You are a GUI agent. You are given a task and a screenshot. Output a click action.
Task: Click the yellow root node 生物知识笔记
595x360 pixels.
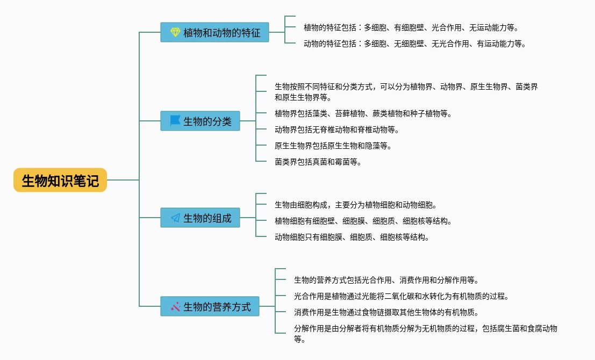(60, 180)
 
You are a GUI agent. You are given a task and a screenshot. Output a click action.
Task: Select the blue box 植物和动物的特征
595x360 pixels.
(214, 32)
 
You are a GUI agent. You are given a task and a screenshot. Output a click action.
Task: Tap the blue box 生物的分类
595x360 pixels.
(200, 121)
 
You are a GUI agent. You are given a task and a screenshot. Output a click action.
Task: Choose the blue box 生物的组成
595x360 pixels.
(200, 218)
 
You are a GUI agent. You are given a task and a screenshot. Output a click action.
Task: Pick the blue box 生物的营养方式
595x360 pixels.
(210, 306)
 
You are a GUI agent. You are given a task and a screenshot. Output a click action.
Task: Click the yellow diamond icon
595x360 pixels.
(175, 32)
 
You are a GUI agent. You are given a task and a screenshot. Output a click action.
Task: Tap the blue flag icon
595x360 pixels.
(175, 121)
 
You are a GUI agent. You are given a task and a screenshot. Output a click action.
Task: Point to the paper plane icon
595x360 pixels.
(175, 218)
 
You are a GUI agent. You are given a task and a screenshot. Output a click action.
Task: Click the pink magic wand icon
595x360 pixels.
(175, 306)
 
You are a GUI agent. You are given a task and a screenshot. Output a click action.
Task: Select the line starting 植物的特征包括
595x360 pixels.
(411, 28)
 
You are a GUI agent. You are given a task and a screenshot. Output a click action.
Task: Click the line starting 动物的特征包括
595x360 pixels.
(415, 44)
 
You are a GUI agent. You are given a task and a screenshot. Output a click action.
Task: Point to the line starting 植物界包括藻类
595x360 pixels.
(363, 113)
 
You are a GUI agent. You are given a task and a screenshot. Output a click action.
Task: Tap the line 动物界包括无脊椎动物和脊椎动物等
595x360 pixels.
(337, 129)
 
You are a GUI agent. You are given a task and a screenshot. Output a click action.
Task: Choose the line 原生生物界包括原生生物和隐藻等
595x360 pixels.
(333, 146)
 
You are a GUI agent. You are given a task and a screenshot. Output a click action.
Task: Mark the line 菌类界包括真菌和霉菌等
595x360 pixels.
(318, 162)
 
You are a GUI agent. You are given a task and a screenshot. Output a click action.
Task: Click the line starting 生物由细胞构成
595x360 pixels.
(356, 205)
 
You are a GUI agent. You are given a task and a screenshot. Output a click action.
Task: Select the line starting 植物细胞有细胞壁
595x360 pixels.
(363, 221)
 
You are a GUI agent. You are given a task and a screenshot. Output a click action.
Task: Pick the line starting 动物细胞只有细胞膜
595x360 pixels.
(352, 237)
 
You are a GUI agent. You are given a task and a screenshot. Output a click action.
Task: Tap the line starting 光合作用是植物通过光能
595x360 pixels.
(402, 296)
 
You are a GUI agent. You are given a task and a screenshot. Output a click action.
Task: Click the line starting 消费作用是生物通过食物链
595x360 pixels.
(386, 313)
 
